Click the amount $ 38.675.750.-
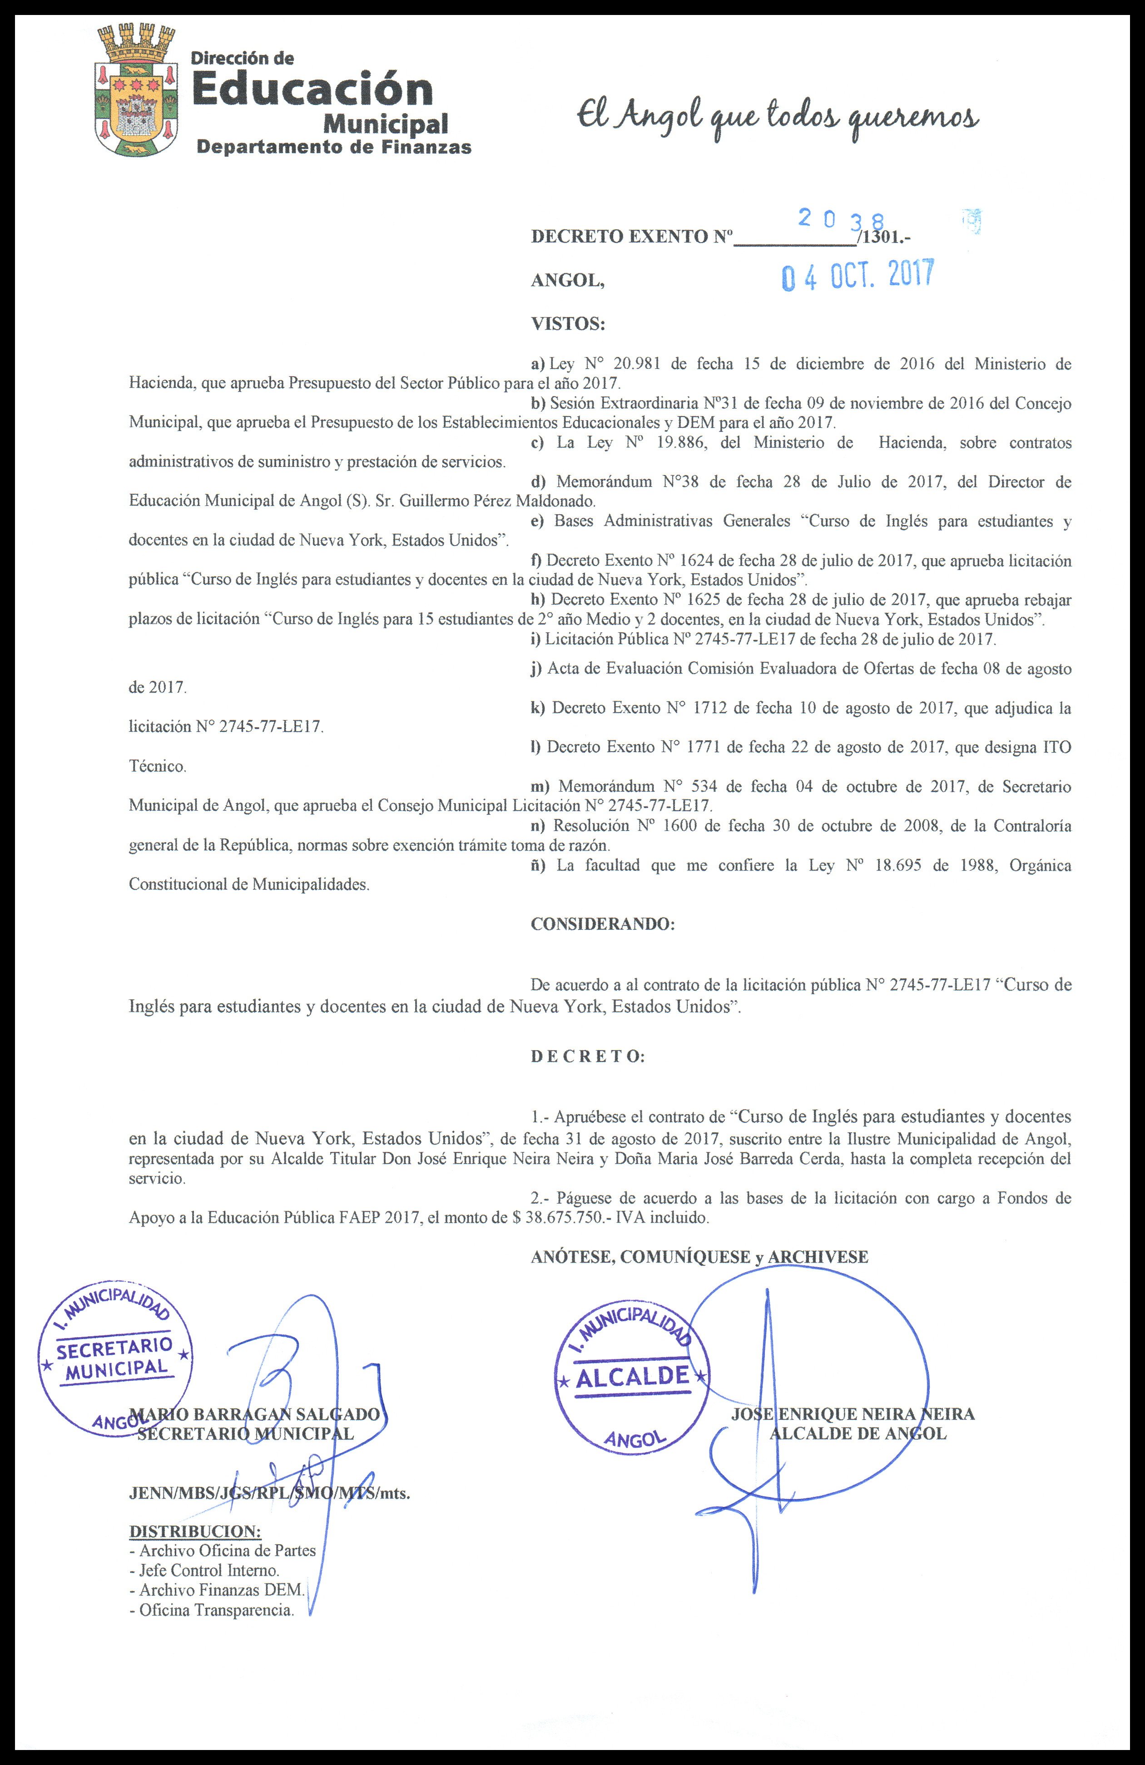[566, 1218]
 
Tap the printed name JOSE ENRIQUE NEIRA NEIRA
[853, 1413]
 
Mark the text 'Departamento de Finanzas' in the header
[334, 147]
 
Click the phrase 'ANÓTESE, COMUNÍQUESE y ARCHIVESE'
[699, 1256]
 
